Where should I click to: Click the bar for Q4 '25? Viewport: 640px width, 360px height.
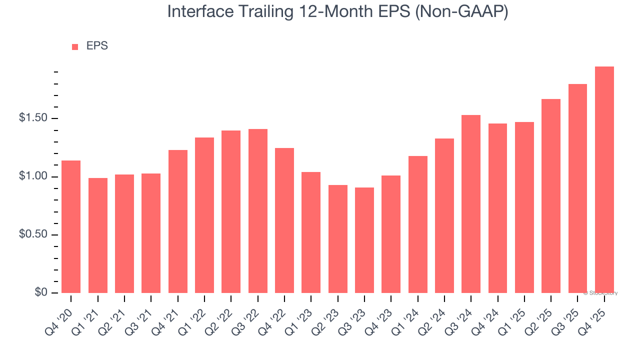click(604, 180)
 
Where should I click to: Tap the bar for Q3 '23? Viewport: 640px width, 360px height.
click(364, 240)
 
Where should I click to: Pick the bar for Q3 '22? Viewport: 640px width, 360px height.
click(257, 211)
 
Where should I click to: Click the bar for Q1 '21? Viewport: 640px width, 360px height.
click(98, 235)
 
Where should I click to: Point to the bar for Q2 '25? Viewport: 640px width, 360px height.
click(551, 196)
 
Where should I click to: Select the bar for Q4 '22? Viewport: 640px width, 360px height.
click(284, 220)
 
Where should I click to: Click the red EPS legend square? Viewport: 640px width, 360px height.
click(75, 46)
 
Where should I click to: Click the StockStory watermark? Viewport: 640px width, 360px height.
click(601, 293)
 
